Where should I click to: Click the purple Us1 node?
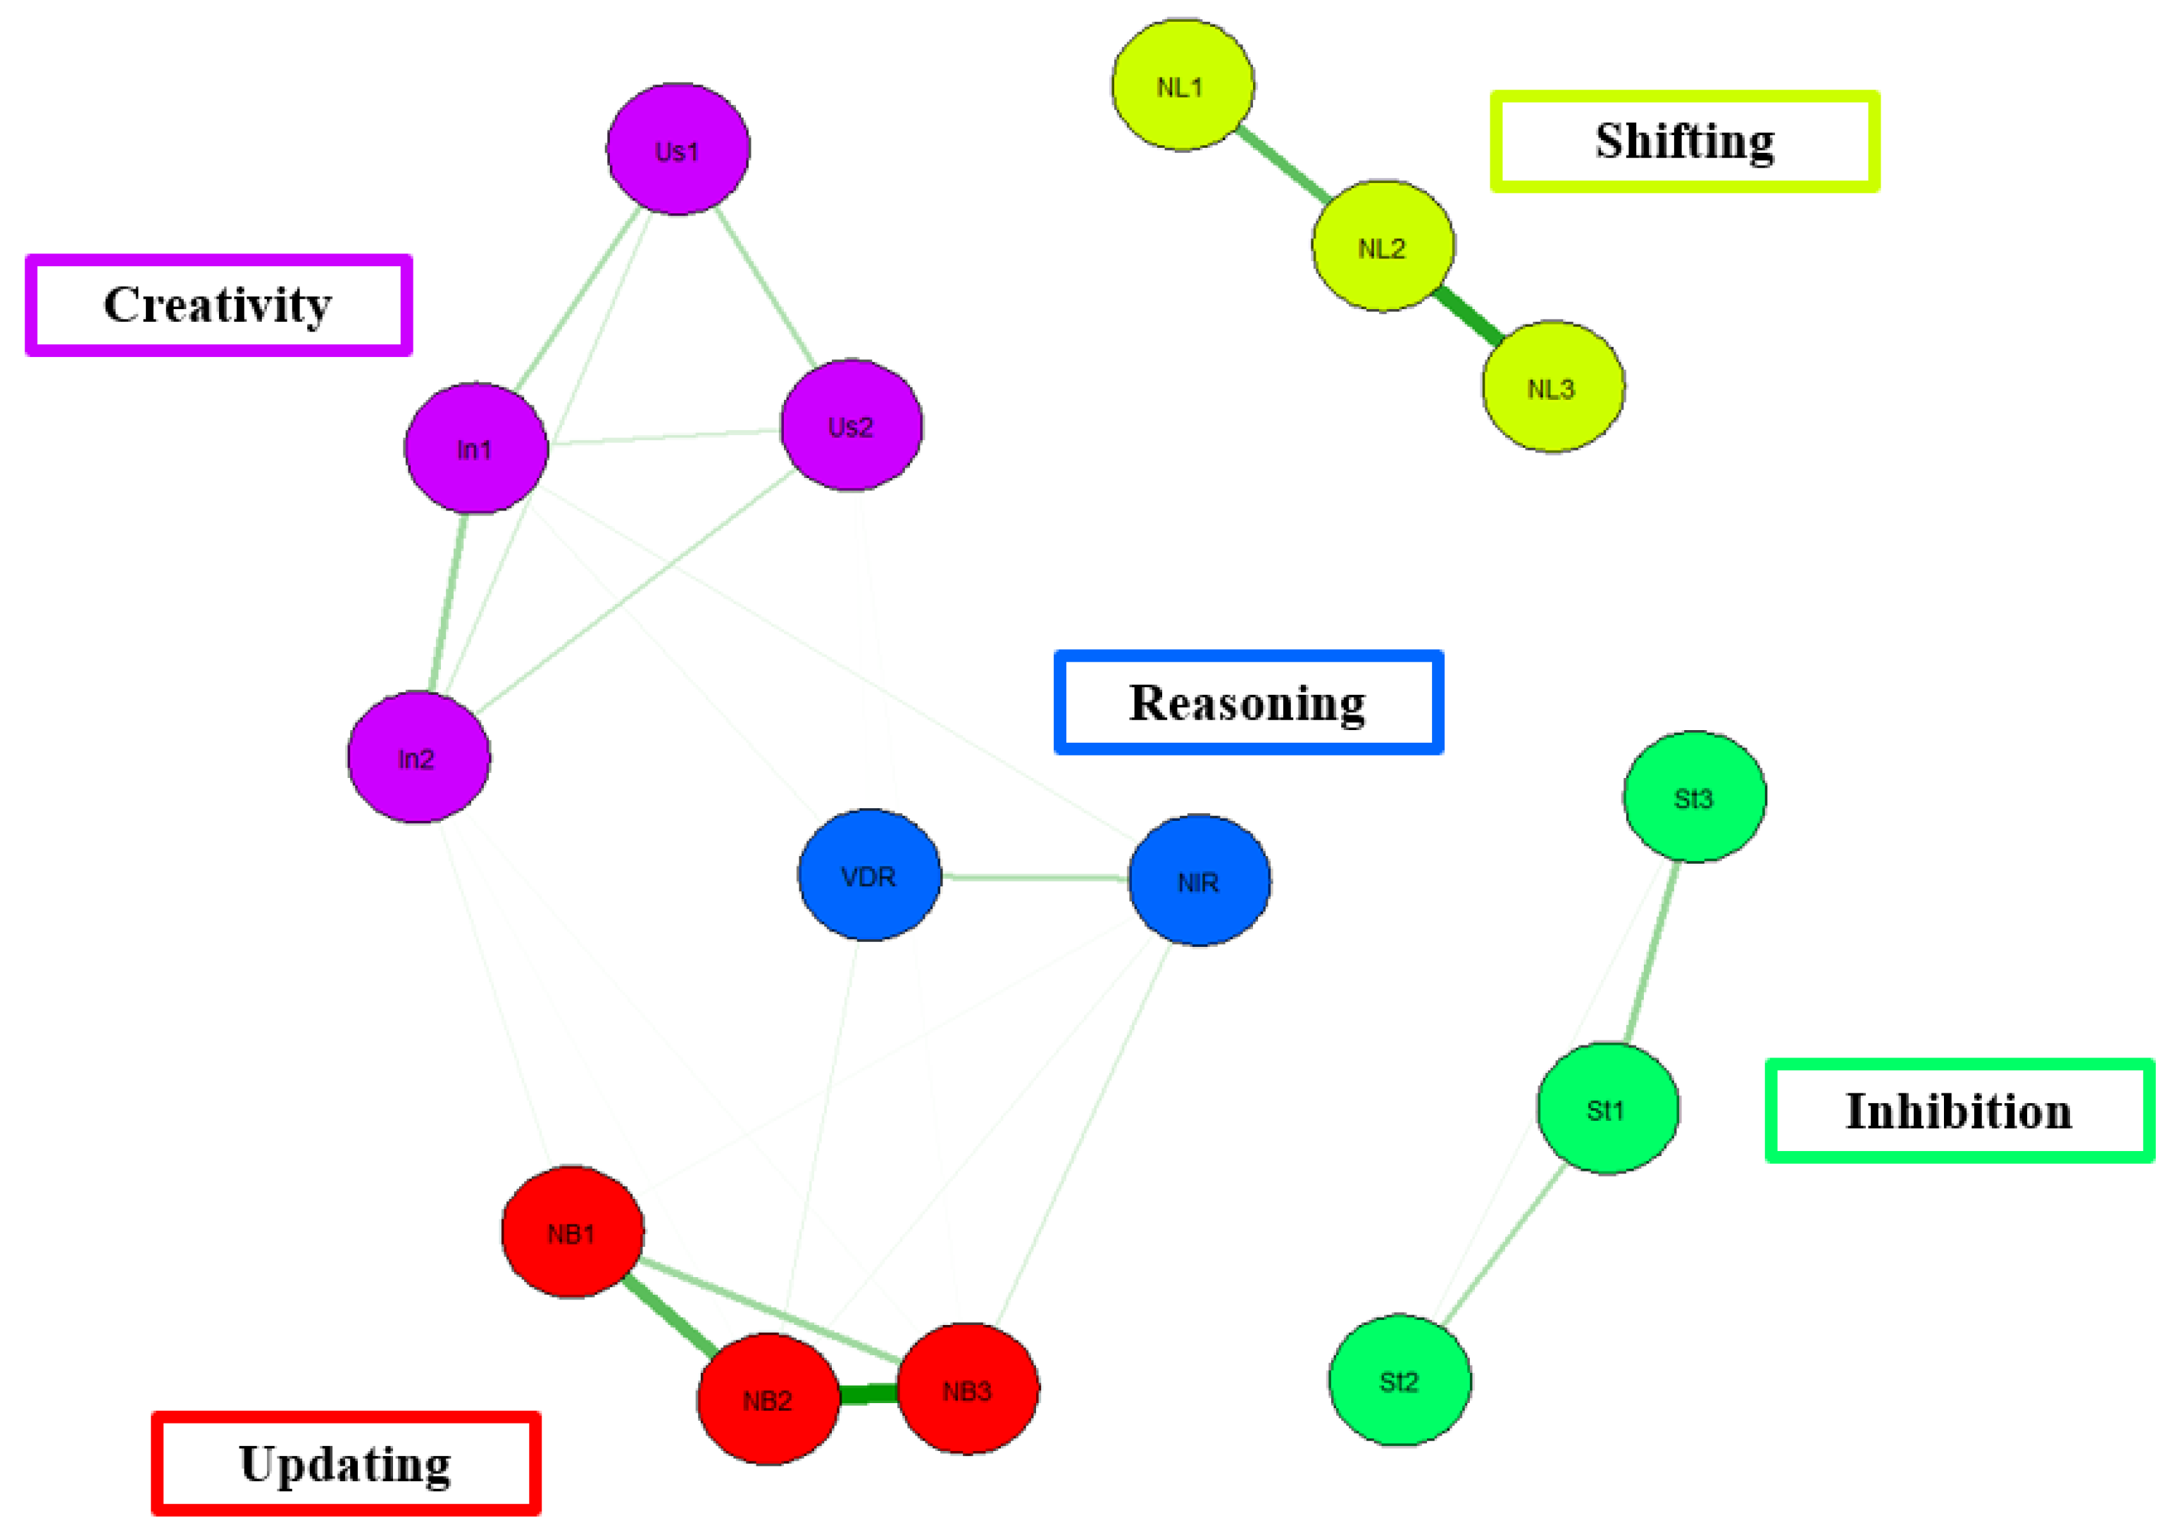click(x=678, y=150)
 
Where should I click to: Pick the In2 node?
click(x=418, y=758)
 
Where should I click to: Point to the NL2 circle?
click(x=1383, y=246)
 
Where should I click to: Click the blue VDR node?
click(x=869, y=876)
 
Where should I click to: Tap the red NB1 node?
click(x=573, y=1232)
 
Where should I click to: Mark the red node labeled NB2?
click(x=768, y=1399)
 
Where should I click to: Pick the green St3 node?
click(x=1695, y=797)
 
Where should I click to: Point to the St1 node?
click(x=1607, y=1109)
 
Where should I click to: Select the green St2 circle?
click(x=1400, y=1381)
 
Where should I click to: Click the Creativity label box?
click(x=218, y=305)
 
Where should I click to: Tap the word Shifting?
click(x=1685, y=142)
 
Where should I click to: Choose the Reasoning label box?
click(x=1247, y=702)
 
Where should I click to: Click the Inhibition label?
click(x=1959, y=1111)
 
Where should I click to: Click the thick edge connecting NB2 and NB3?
click(x=868, y=1394)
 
